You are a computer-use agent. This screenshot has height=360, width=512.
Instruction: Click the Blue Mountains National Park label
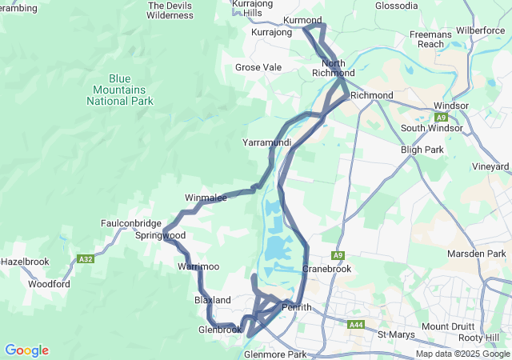coord(120,90)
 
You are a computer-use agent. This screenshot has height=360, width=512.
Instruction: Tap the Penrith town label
coord(296,307)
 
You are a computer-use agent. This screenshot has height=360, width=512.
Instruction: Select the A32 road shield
coord(86,259)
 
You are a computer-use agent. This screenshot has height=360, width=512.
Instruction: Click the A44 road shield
coord(357,324)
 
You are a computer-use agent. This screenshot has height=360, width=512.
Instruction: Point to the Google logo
coord(26,350)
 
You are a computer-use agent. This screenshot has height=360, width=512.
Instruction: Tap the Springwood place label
coord(160,236)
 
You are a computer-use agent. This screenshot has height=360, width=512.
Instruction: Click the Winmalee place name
coord(206,197)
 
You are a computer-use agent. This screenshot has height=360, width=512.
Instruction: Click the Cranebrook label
coord(326,269)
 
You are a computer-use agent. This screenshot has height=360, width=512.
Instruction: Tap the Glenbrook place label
coord(220,330)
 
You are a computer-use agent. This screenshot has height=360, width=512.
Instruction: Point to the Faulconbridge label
coord(131,223)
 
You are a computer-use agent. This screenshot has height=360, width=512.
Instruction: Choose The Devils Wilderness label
coord(170,10)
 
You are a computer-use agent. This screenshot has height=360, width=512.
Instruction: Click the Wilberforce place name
coord(479,30)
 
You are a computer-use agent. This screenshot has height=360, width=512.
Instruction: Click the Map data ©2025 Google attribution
coord(462,354)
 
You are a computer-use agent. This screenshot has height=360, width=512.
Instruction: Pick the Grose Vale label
coord(258,68)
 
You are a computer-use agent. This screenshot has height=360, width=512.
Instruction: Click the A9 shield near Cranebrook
coord(338,255)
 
